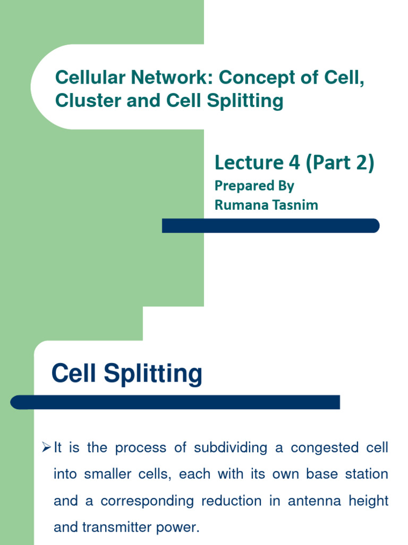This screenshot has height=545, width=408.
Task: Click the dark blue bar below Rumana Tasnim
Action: pyautogui.click(x=271, y=226)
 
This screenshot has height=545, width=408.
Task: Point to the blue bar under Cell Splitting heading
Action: pyautogui.click(x=175, y=402)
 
